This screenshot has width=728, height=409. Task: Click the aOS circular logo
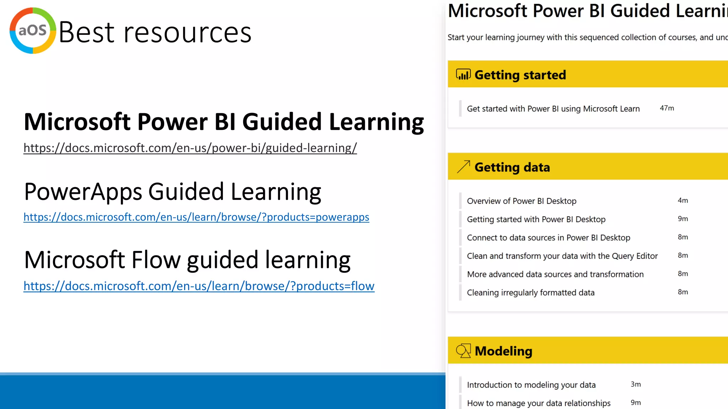(x=33, y=31)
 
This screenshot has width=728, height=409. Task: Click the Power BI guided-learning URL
(x=190, y=148)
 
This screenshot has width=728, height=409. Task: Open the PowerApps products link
(x=196, y=217)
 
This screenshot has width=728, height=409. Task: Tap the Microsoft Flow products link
(x=199, y=286)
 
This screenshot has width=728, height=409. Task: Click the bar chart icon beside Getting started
(x=463, y=75)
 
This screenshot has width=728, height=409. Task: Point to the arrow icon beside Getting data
(x=463, y=167)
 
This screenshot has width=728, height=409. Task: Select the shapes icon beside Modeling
(x=463, y=351)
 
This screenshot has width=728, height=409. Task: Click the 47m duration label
(x=667, y=108)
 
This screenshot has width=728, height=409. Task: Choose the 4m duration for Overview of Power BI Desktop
(x=682, y=201)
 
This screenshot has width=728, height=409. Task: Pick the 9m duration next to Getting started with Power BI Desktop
(x=682, y=219)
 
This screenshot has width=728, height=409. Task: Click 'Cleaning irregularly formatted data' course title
(x=530, y=293)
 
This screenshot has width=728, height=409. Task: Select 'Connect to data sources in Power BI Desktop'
(x=548, y=238)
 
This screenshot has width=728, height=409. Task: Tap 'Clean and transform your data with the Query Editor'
(x=562, y=256)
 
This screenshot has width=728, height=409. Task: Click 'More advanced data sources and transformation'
(x=555, y=274)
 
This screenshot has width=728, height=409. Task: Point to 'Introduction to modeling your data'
(x=531, y=385)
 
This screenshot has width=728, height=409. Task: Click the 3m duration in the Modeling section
(x=636, y=385)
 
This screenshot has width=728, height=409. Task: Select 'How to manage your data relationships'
(x=539, y=403)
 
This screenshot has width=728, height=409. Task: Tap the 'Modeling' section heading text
(x=503, y=351)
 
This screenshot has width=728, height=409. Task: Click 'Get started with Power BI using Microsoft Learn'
(x=553, y=109)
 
